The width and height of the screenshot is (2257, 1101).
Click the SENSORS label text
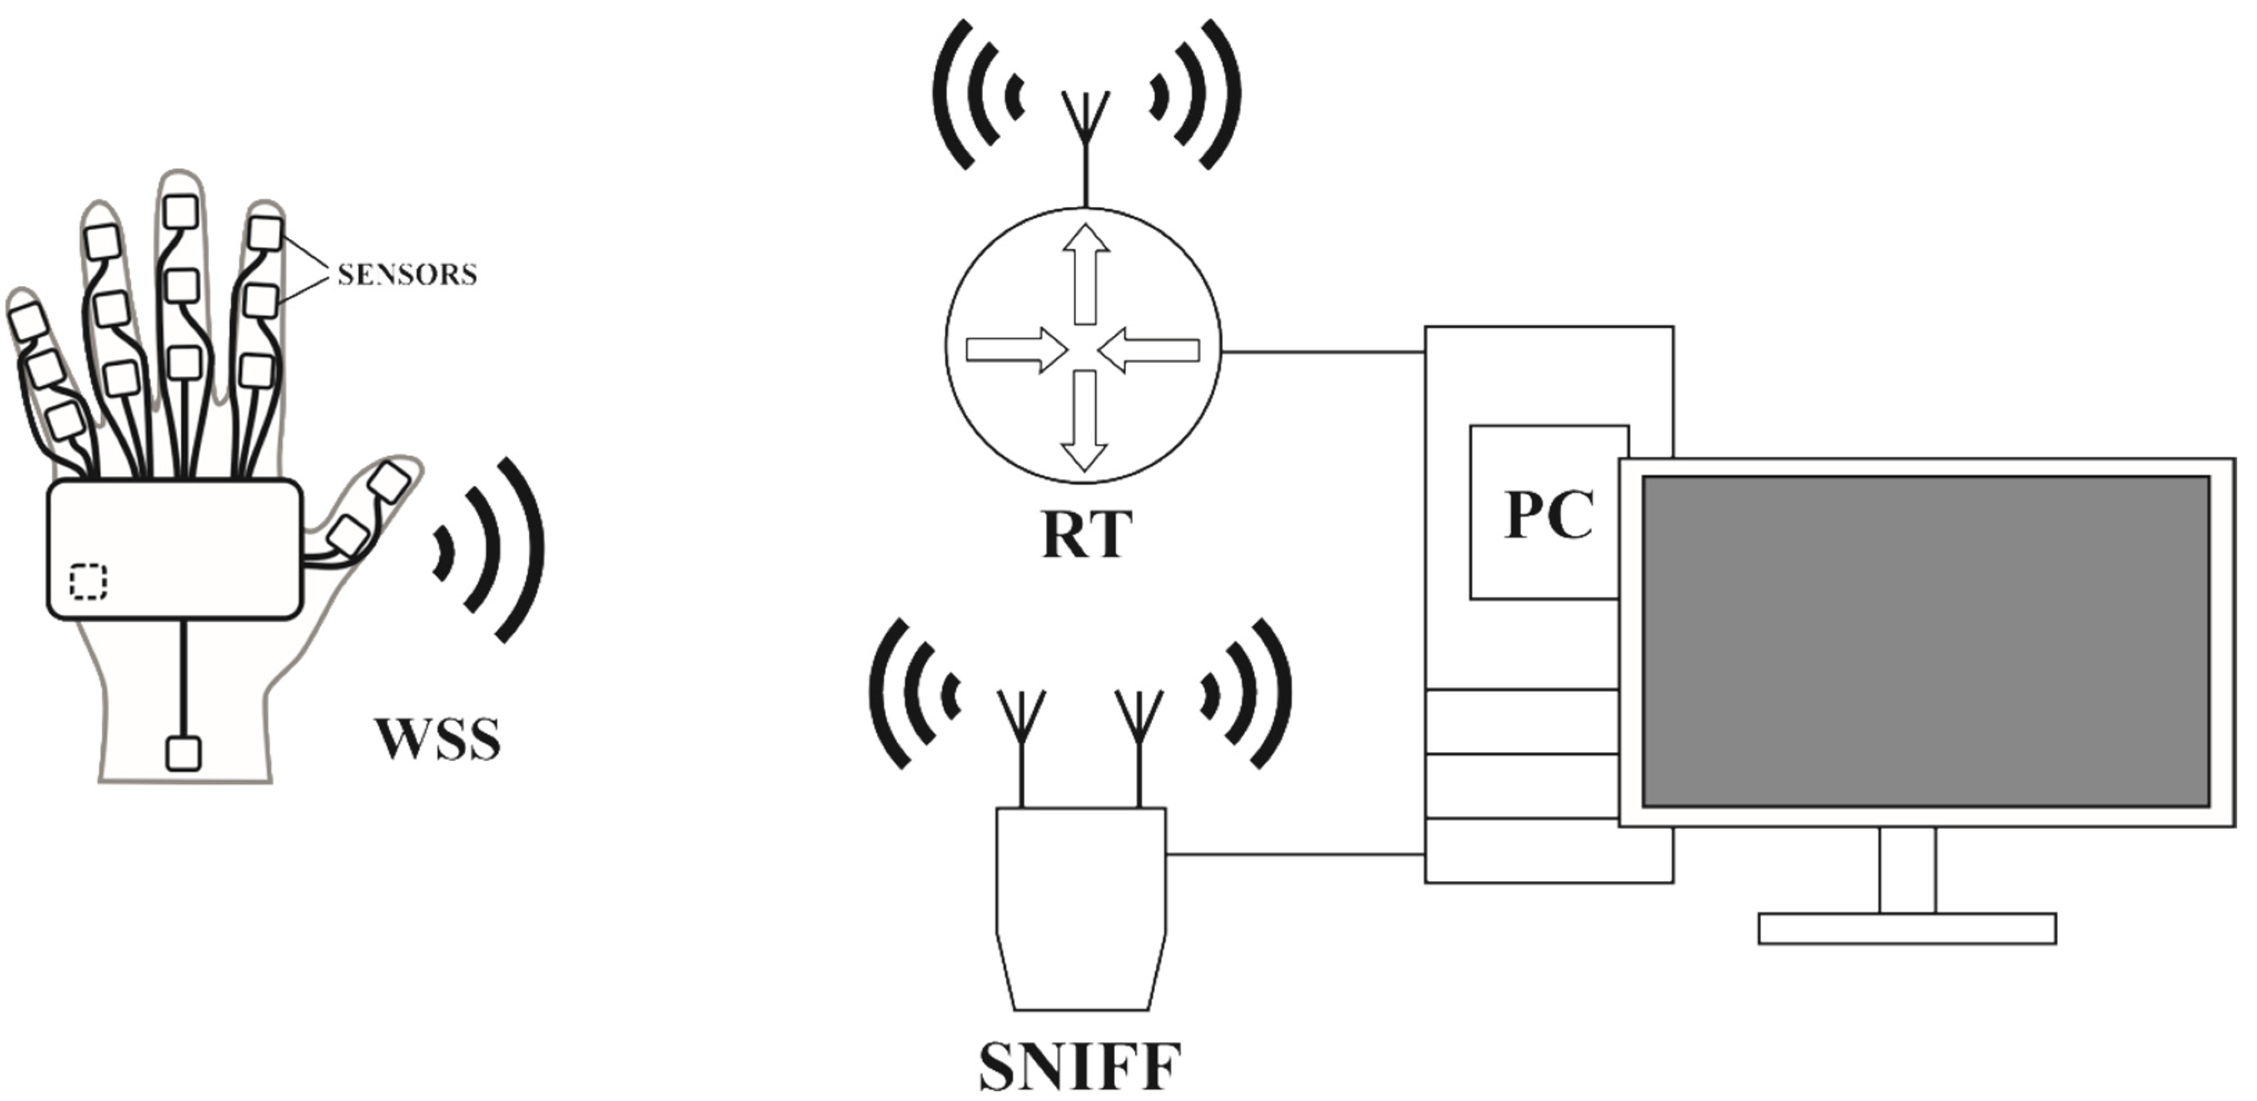coord(407,274)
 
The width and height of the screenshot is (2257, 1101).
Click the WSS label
coord(438,739)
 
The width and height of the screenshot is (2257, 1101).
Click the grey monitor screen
coord(1926,641)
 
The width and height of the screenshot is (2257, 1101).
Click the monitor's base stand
coord(1907,928)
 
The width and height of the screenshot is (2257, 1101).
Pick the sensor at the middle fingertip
coord(181,211)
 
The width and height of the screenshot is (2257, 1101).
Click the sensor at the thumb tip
coord(390,482)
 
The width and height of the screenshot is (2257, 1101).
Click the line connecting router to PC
coord(1323,353)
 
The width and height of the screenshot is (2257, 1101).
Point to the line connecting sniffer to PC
coord(1295,854)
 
